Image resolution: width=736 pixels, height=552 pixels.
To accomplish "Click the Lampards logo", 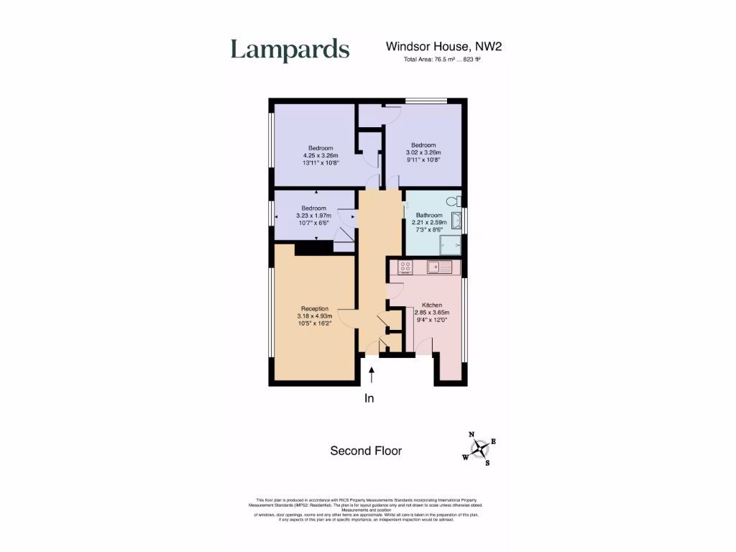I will (x=290, y=50).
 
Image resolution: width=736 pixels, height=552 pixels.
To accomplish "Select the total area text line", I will (x=442, y=60).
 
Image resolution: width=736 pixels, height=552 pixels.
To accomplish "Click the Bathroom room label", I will (x=429, y=215).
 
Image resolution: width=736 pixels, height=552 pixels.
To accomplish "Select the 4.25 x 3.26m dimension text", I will (x=321, y=155).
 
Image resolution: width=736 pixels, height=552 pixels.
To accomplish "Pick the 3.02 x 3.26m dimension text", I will (x=423, y=152).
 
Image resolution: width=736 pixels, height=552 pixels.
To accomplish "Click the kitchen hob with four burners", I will (x=405, y=267).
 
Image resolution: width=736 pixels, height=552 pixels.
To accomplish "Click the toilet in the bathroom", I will (x=453, y=202).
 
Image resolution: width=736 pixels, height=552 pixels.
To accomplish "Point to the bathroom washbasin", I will (x=458, y=219).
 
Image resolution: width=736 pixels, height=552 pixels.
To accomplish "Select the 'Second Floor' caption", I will (x=366, y=451).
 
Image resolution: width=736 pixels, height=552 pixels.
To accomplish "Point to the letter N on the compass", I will (x=471, y=434).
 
